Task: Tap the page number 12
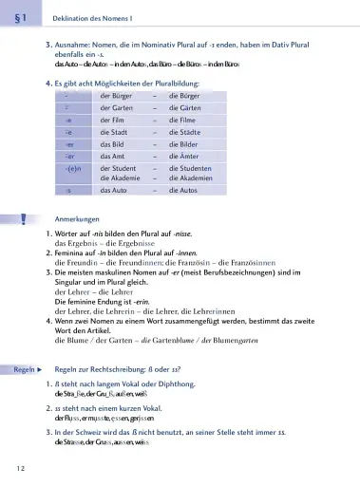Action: tap(20, 469)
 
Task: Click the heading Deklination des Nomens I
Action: tap(93, 18)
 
